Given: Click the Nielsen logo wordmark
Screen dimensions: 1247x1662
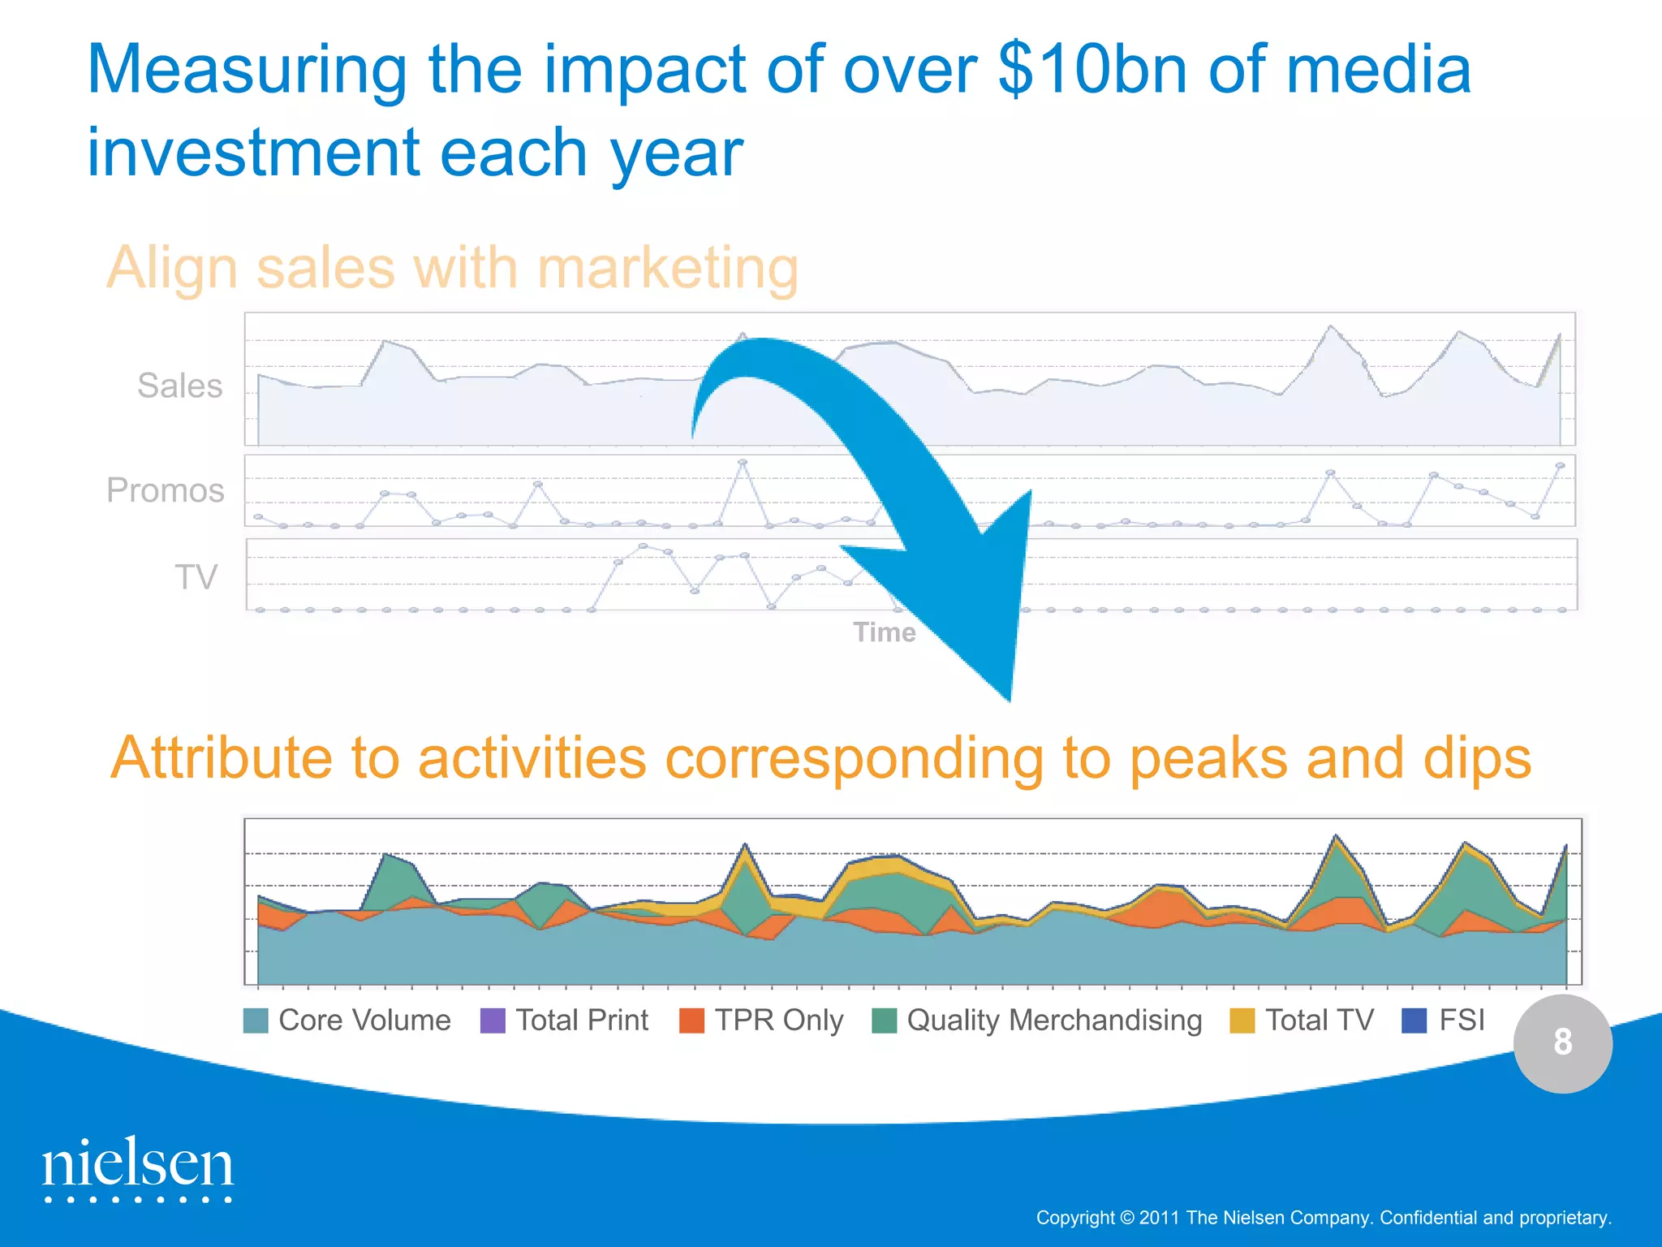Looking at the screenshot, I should pyautogui.click(x=138, y=1166).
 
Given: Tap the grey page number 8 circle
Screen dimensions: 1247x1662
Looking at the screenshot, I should pyautogui.click(x=1562, y=1042).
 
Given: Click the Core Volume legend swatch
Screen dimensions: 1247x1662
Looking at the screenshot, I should pyautogui.click(x=256, y=1020).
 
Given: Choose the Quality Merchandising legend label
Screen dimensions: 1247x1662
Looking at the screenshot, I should pyautogui.click(x=1053, y=1020).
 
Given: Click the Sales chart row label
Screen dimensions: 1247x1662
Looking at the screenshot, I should pyautogui.click(x=179, y=386).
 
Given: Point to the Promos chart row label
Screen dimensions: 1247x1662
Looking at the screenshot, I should pyautogui.click(x=166, y=490).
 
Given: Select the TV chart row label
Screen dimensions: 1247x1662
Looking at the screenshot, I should pyautogui.click(x=196, y=578).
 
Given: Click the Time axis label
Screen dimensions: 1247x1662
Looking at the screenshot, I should pyautogui.click(x=884, y=632).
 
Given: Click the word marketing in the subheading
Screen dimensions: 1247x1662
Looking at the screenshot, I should pyautogui.click(x=667, y=268).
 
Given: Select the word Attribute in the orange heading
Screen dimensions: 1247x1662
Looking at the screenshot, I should pyautogui.click(x=221, y=758).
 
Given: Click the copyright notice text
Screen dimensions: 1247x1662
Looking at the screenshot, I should pyautogui.click(x=1323, y=1218).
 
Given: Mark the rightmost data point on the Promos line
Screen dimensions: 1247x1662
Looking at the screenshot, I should pyautogui.click(x=1560, y=466).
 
